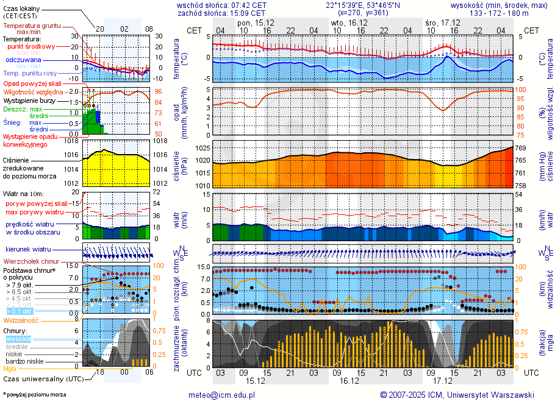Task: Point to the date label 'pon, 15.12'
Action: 256,22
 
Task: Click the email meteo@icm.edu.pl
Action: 221,395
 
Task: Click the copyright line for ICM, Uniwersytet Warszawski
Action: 457,395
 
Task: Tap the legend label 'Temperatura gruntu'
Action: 32,26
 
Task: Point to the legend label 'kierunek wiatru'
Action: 28,250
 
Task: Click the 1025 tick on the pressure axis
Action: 203,148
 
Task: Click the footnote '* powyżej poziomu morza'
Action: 34,395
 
